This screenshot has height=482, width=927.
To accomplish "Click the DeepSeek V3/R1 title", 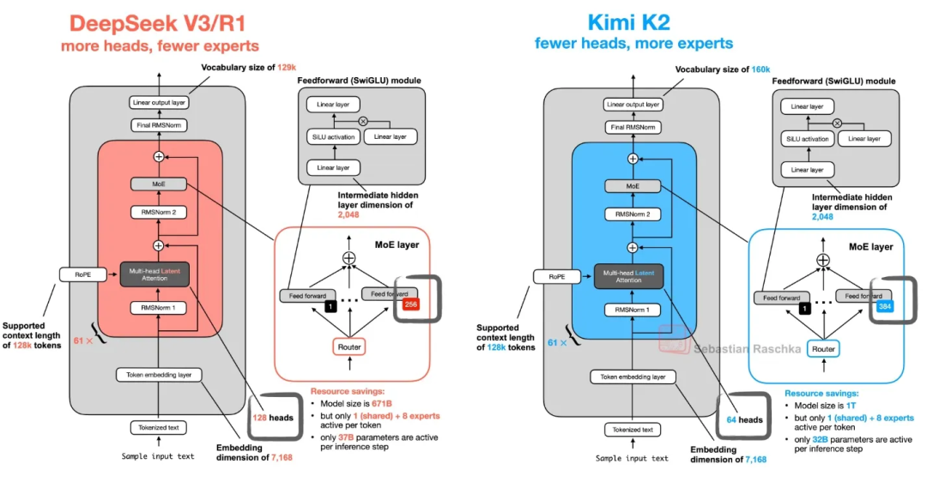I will [160, 22].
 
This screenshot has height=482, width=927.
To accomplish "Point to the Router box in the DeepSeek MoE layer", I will [348, 346].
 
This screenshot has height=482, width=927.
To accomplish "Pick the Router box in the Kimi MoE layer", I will [823, 349].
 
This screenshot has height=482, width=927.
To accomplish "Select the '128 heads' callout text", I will [273, 418].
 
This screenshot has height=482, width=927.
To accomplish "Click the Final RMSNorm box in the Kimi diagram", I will [633, 127].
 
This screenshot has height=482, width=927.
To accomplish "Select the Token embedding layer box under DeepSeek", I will [159, 375].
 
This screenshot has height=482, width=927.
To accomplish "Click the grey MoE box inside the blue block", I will [633, 186].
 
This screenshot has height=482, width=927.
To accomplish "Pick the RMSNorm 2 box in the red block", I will [159, 212].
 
